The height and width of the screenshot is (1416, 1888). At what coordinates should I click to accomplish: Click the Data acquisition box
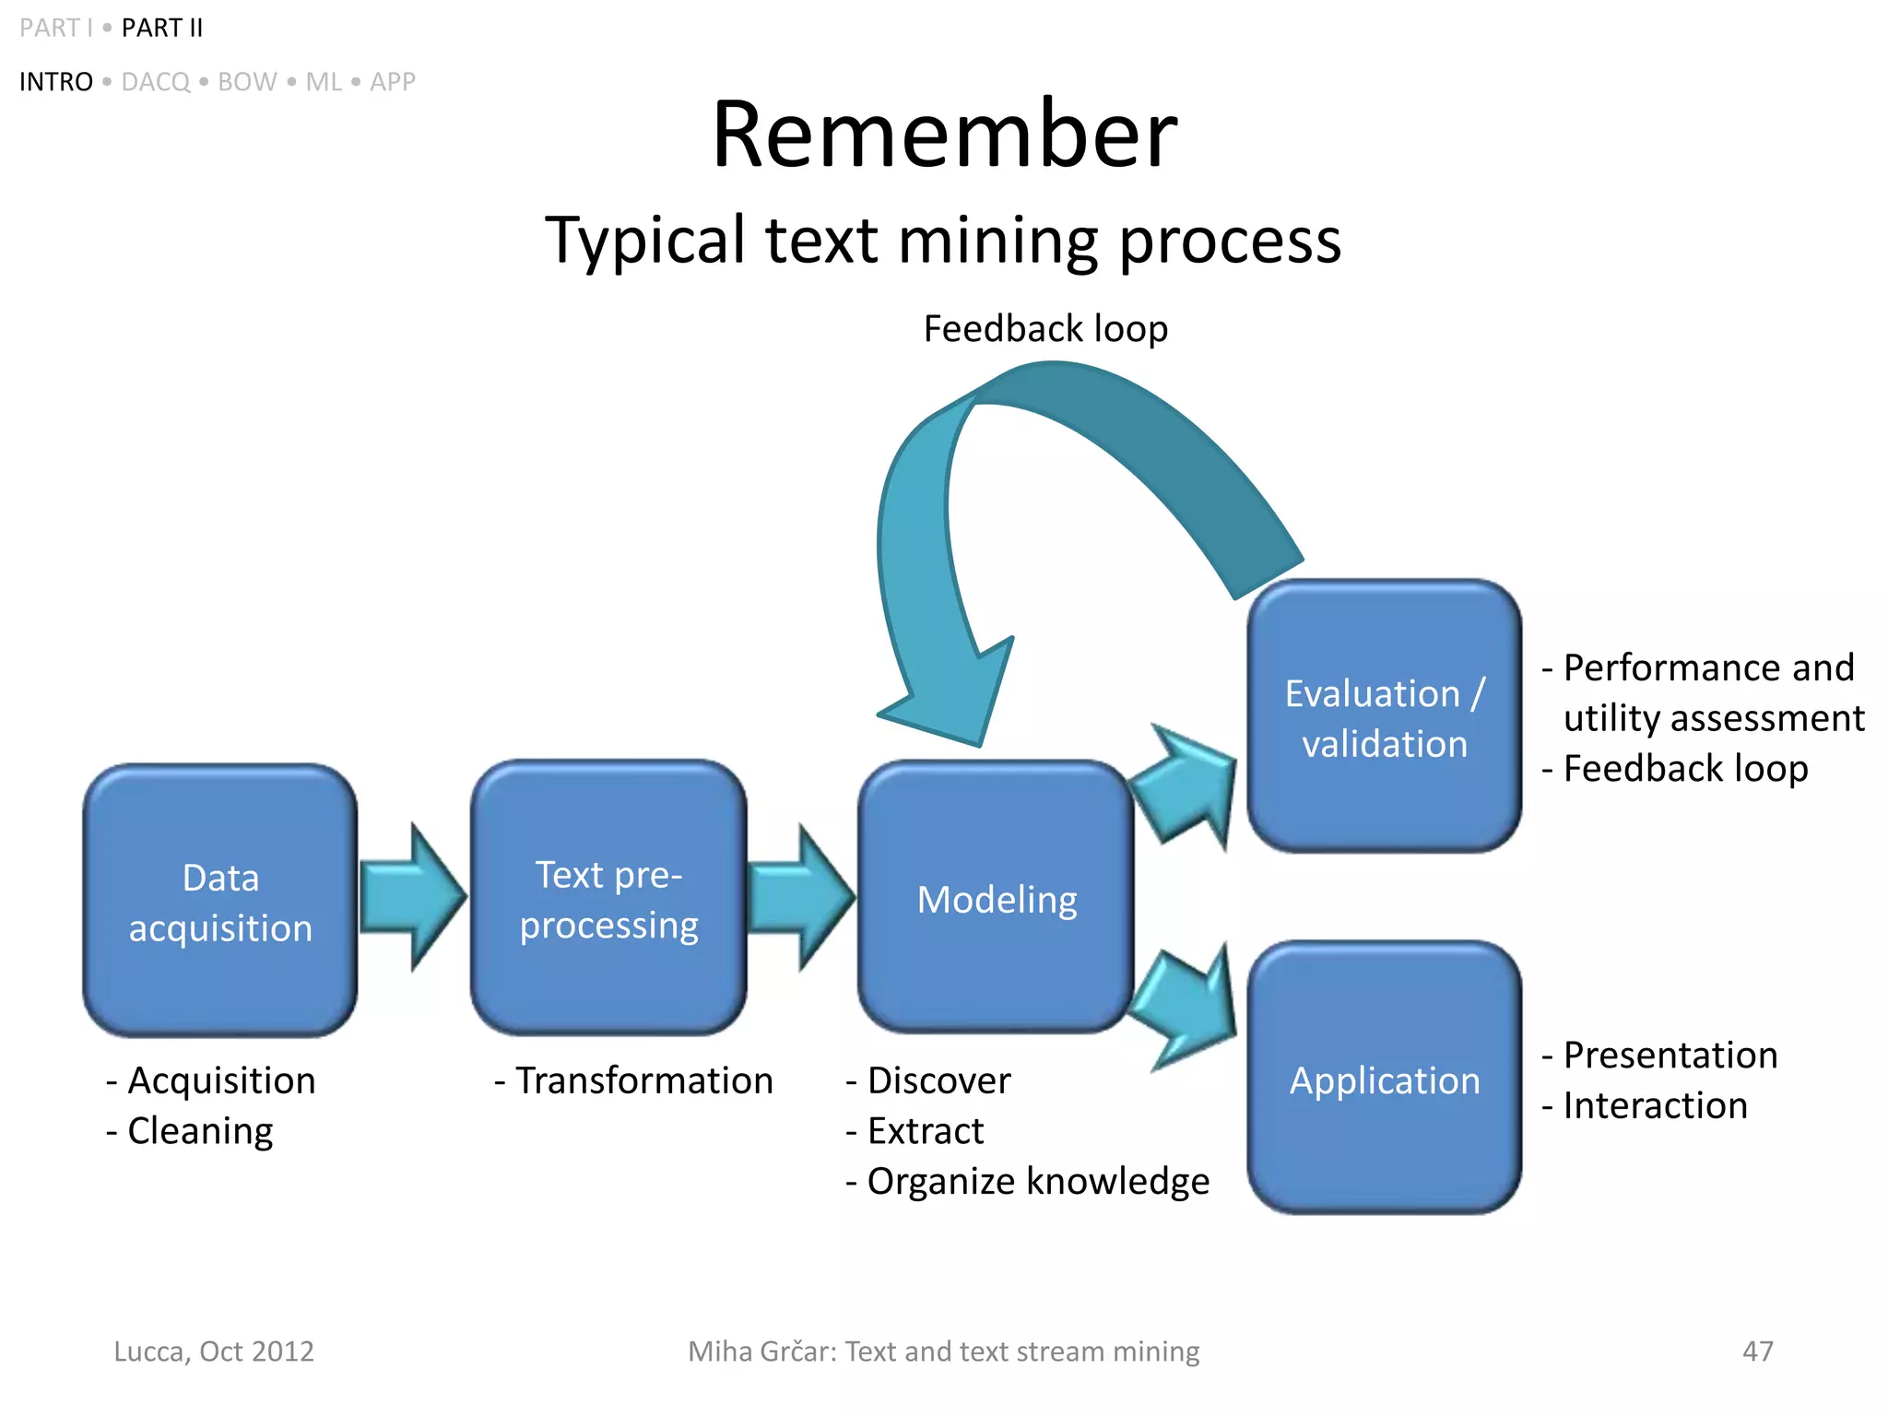(220, 901)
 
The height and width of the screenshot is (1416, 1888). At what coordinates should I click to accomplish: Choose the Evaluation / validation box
(1384, 717)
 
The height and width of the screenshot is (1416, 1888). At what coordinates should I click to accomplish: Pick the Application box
(1384, 1079)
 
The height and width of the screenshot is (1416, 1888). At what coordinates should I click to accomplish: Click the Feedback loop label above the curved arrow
(1045, 329)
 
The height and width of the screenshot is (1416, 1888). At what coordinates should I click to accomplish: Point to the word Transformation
(643, 1080)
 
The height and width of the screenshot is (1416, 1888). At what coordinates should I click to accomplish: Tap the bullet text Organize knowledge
(1037, 1181)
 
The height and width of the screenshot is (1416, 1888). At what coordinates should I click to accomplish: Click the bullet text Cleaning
(200, 1131)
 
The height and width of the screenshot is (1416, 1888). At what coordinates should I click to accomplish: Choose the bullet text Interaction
(1655, 1105)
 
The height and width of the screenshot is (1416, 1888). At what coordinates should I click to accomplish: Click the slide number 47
(1757, 1351)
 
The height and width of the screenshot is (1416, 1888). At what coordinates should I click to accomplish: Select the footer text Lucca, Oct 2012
(214, 1351)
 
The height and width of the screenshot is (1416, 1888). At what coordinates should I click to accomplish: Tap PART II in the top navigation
(162, 29)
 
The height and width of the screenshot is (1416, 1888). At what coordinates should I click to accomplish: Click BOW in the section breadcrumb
(247, 82)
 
